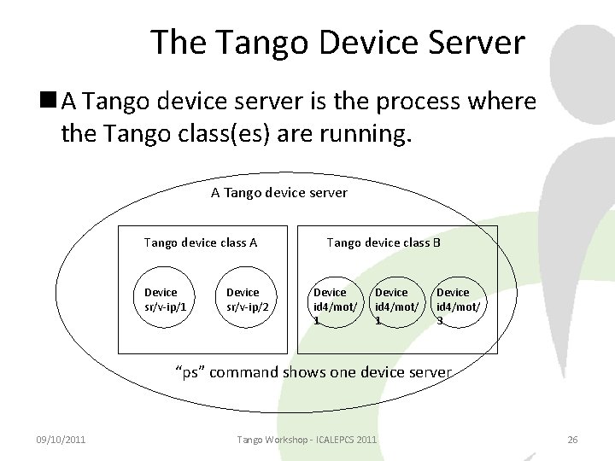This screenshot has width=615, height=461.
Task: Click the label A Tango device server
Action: pos(279,192)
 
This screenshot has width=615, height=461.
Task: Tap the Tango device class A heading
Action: pos(201,242)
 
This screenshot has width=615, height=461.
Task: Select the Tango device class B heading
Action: pos(384,242)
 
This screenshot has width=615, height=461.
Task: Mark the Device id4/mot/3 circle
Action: pos(454,306)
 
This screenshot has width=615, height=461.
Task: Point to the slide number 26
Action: pos(572,439)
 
